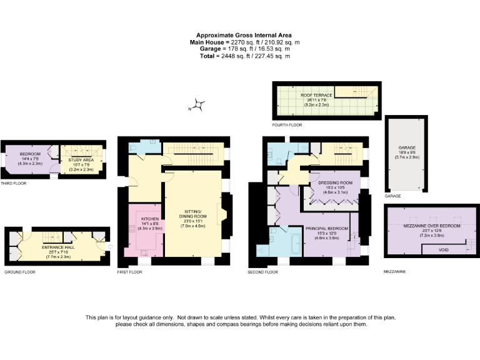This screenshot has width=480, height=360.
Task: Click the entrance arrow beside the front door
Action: [x=109, y=246]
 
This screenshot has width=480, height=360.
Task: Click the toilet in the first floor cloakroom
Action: [x=135, y=147]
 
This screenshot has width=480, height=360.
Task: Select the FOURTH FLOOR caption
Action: [x=286, y=125]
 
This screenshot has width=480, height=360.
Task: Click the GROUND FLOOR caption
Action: [x=20, y=272]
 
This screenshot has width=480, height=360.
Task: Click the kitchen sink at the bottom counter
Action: [x=145, y=253]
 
